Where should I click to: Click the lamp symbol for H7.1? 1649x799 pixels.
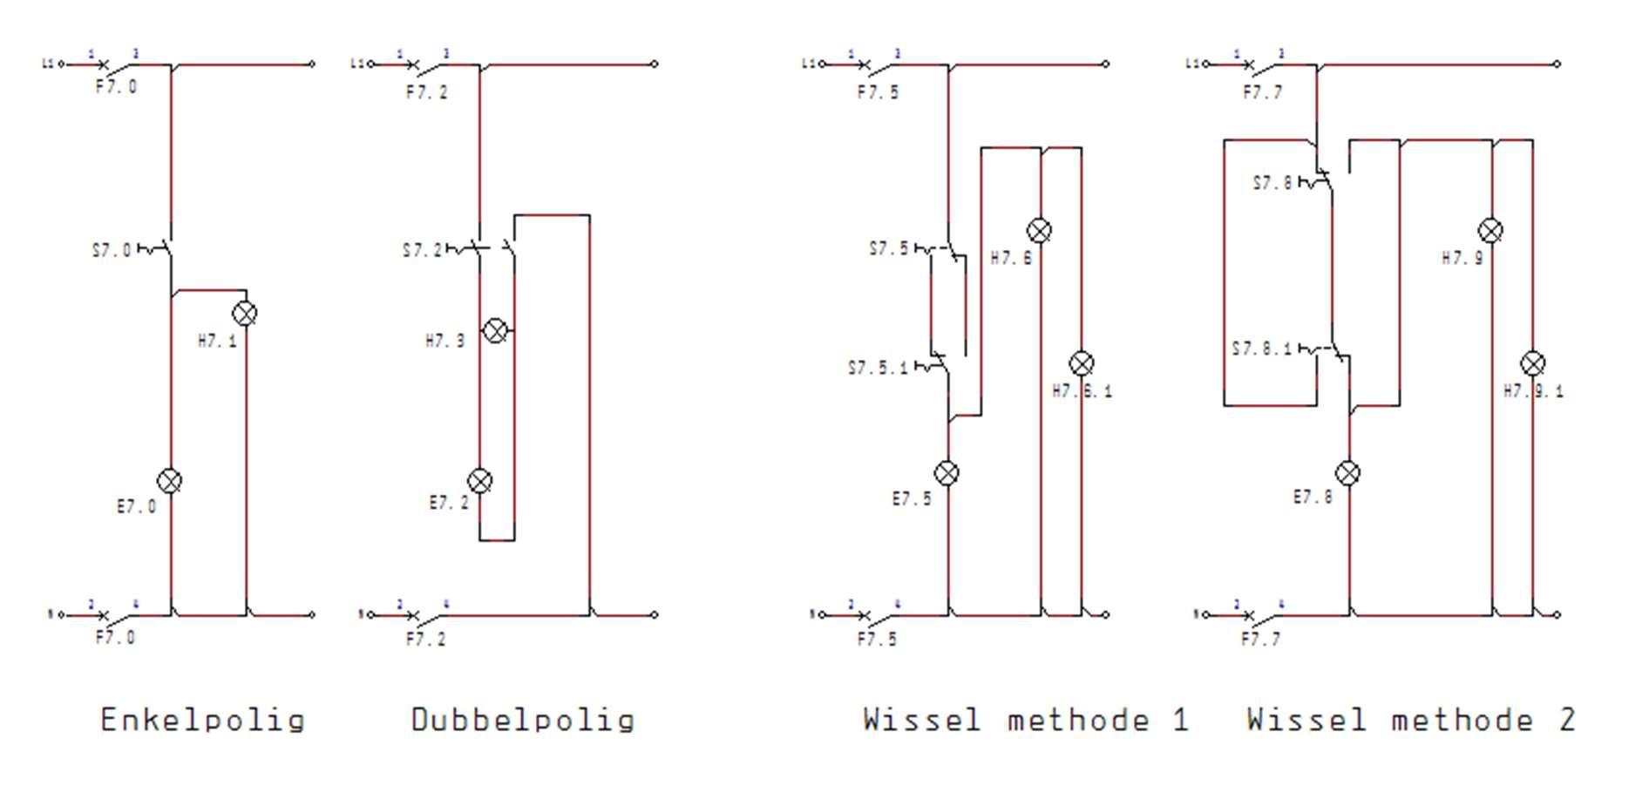245,314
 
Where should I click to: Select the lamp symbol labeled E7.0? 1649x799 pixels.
170,481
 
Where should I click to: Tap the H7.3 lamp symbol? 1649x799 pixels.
495,331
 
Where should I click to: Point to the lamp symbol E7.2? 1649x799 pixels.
480,481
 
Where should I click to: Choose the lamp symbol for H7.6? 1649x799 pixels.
1039,231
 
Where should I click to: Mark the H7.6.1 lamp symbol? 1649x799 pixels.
1081,363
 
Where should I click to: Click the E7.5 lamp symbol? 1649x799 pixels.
947,473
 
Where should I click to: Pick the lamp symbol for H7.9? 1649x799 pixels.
1491,231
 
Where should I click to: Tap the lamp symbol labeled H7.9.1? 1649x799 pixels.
1532,363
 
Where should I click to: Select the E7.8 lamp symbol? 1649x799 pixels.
1347,473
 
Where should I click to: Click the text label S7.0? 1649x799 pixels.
112,251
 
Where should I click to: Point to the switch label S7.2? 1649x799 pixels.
422,251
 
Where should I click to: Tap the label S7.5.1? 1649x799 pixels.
877,369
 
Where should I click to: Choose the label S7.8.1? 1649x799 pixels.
1261,349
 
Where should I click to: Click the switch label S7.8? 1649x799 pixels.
1272,184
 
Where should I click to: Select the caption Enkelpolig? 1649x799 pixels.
202,721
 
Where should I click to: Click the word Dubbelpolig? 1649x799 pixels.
522,721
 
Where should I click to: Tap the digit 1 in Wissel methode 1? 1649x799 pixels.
1180,721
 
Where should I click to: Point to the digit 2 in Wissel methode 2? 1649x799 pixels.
1566,721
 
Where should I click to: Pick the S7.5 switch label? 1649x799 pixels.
888,249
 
